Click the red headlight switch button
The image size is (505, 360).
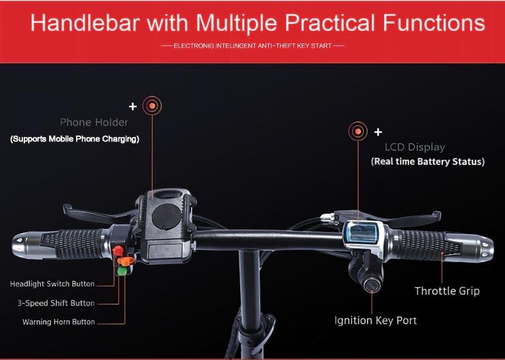coord(118,250)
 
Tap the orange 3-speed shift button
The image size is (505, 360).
coord(126,260)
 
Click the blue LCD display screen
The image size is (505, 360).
coord(363,233)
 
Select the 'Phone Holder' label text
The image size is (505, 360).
coord(94,123)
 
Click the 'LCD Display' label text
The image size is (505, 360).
coord(415,147)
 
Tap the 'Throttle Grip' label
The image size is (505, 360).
coord(447,291)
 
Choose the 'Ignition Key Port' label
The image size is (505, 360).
coord(375,320)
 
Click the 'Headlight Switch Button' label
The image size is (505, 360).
coord(52,284)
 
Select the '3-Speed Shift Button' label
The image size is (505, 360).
coord(56,303)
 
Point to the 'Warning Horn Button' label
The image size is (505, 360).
coord(59,322)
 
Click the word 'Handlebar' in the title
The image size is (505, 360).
coord(85,22)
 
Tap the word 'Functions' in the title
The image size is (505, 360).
coord(434,22)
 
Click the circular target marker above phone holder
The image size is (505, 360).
coord(152,106)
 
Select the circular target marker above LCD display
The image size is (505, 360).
coord(358,131)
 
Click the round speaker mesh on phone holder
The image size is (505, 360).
coord(166,216)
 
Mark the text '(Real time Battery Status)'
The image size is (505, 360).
coord(428,162)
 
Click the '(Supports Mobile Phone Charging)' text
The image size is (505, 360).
coord(75,139)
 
